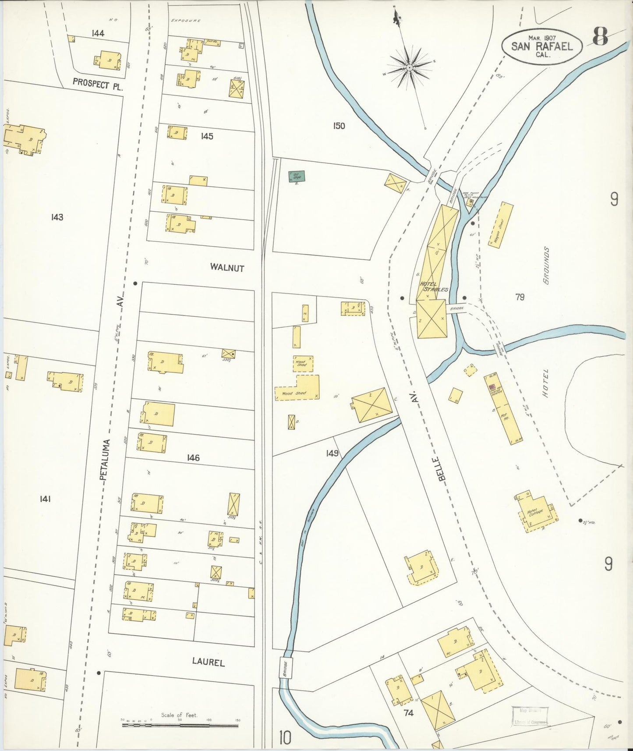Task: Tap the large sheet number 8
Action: [x=600, y=36]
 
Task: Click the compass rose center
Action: [x=409, y=67]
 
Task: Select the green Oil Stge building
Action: [x=297, y=177]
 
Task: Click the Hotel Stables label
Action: [x=434, y=287]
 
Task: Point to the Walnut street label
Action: [x=226, y=267]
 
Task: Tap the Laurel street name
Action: [x=208, y=662]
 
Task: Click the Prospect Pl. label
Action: [x=97, y=83]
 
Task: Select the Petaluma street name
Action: [x=105, y=460]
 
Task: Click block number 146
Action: [x=193, y=458]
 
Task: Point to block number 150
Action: [x=339, y=126]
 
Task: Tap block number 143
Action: [x=57, y=217]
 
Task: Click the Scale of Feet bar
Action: [x=180, y=725]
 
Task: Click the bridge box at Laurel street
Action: [x=285, y=669]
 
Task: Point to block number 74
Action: [x=408, y=712]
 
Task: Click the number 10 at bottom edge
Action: [x=284, y=738]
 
